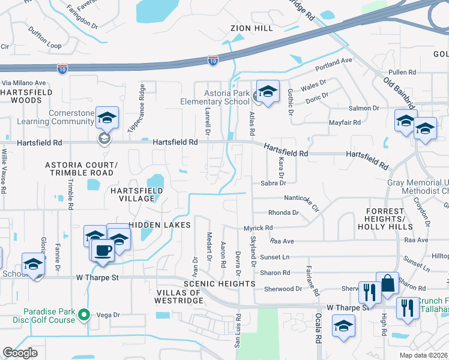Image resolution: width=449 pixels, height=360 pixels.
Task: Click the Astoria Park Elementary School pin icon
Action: [x=268, y=92]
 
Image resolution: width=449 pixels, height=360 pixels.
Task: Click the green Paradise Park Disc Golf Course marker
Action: [x=85, y=314]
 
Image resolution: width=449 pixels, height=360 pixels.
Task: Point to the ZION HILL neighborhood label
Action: [x=252, y=28]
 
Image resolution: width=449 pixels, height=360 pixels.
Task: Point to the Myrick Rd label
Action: [x=258, y=228]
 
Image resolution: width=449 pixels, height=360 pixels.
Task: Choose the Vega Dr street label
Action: [x=109, y=314]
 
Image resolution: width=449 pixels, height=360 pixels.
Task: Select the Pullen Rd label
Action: [x=402, y=71]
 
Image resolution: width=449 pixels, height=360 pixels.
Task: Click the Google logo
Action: [x=20, y=353]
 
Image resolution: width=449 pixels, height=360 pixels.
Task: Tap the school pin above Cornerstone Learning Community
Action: [x=107, y=118]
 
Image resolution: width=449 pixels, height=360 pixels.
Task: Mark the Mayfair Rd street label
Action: [x=345, y=122]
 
